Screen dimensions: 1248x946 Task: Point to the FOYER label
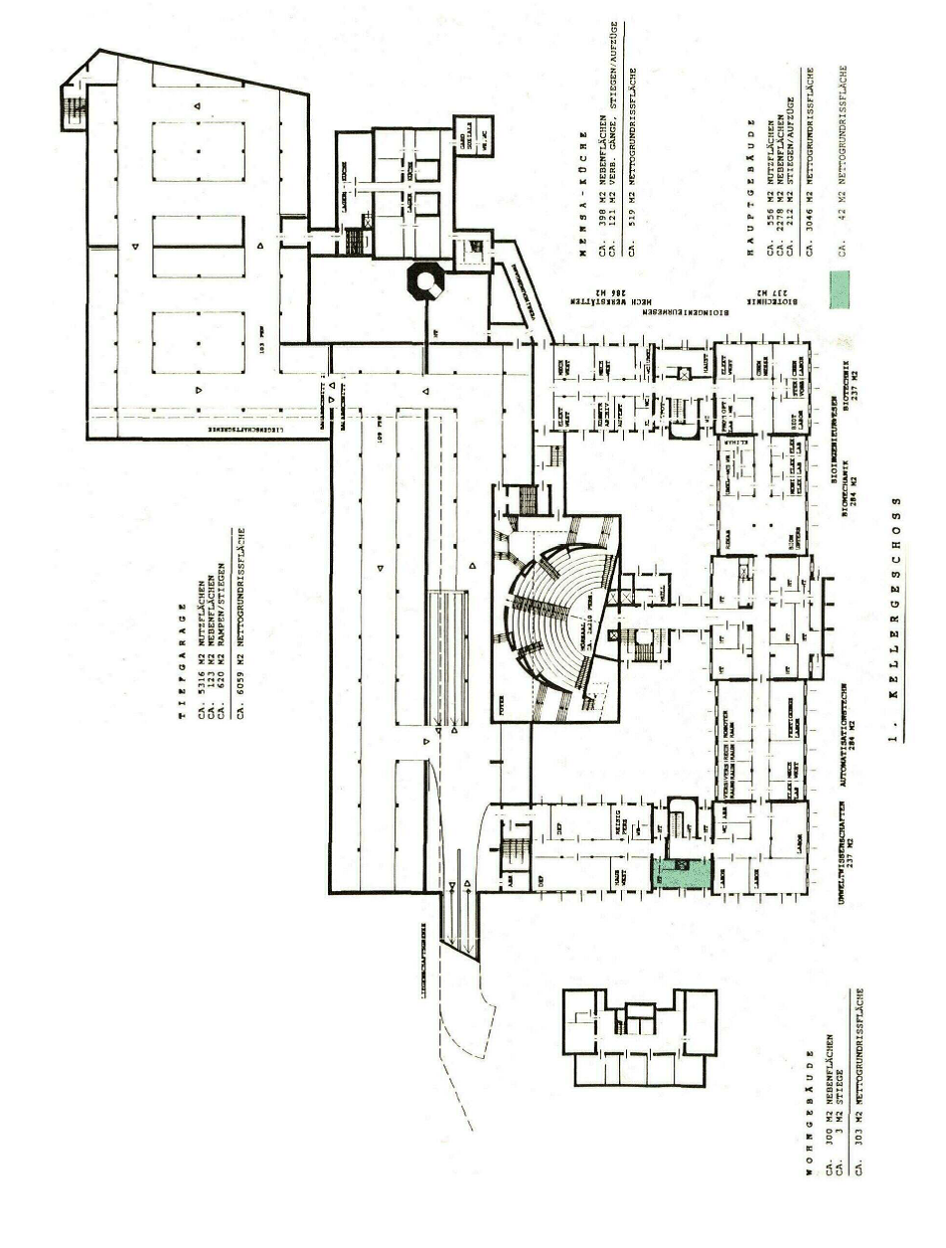[504, 707]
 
